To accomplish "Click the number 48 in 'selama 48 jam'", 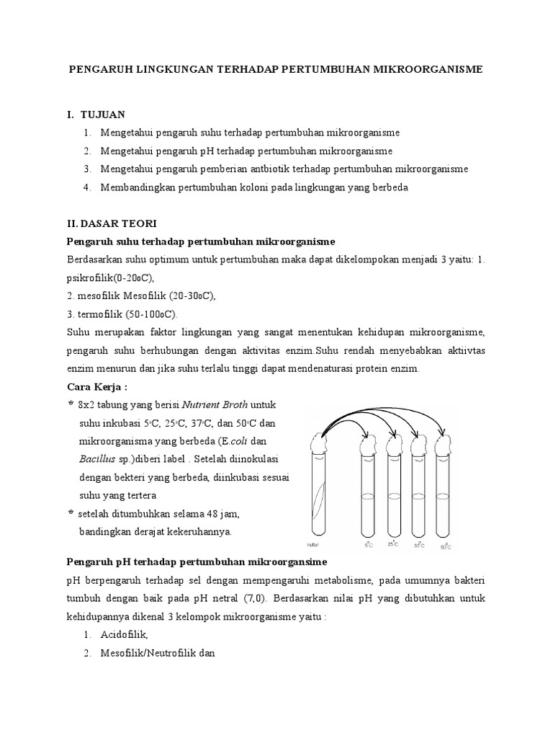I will click(x=212, y=514).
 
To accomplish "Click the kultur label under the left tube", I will click(x=313, y=545).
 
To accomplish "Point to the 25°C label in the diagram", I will click(x=393, y=544).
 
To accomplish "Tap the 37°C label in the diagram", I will click(x=420, y=545).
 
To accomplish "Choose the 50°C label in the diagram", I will click(x=446, y=546).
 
